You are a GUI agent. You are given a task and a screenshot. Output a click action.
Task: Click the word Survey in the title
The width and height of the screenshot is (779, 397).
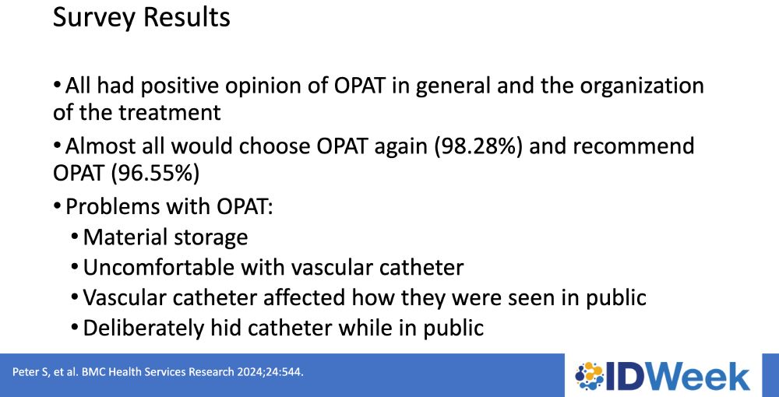(93, 17)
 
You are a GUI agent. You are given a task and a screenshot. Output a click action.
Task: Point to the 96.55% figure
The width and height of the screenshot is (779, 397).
(154, 173)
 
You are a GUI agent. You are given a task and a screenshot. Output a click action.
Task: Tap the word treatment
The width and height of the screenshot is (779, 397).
(169, 113)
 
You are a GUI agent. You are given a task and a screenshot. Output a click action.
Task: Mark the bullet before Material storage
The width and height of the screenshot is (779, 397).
(75, 236)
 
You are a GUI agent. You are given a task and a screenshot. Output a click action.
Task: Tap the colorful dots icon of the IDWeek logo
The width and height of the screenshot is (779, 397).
(589, 376)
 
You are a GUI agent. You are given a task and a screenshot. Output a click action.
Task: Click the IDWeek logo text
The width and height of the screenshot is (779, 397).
(677, 376)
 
